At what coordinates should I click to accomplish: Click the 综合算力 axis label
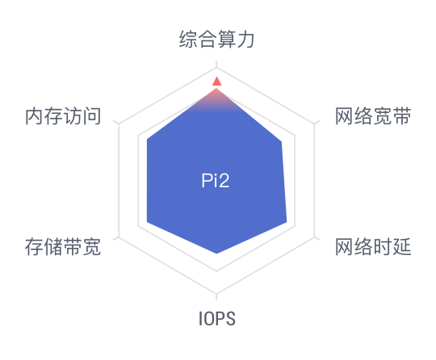(216, 40)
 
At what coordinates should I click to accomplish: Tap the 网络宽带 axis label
(373, 116)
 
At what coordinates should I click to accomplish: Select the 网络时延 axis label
(373, 246)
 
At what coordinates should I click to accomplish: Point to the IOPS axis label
(217, 319)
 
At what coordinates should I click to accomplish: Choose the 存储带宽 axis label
(63, 246)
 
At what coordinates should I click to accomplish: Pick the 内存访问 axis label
(63, 116)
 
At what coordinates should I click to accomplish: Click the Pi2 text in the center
(216, 181)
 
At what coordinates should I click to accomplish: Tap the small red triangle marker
(216, 82)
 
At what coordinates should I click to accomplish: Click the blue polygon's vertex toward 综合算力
(216, 88)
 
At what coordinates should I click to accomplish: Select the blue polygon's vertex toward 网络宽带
(282, 142)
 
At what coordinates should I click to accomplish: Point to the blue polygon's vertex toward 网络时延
(287, 222)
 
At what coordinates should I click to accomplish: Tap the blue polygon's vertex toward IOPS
(216, 253)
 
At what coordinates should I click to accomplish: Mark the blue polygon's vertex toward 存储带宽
(147, 222)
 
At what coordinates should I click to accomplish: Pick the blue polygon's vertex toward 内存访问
(147, 139)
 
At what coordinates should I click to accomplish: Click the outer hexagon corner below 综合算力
(216, 68)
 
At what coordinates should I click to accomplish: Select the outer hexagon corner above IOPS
(216, 293)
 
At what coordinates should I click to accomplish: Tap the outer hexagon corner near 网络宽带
(315, 124)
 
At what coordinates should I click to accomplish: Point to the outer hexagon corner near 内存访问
(119, 124)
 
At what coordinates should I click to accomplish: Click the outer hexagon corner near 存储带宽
(119, 237)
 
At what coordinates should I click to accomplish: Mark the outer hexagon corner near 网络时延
(315, 237)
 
